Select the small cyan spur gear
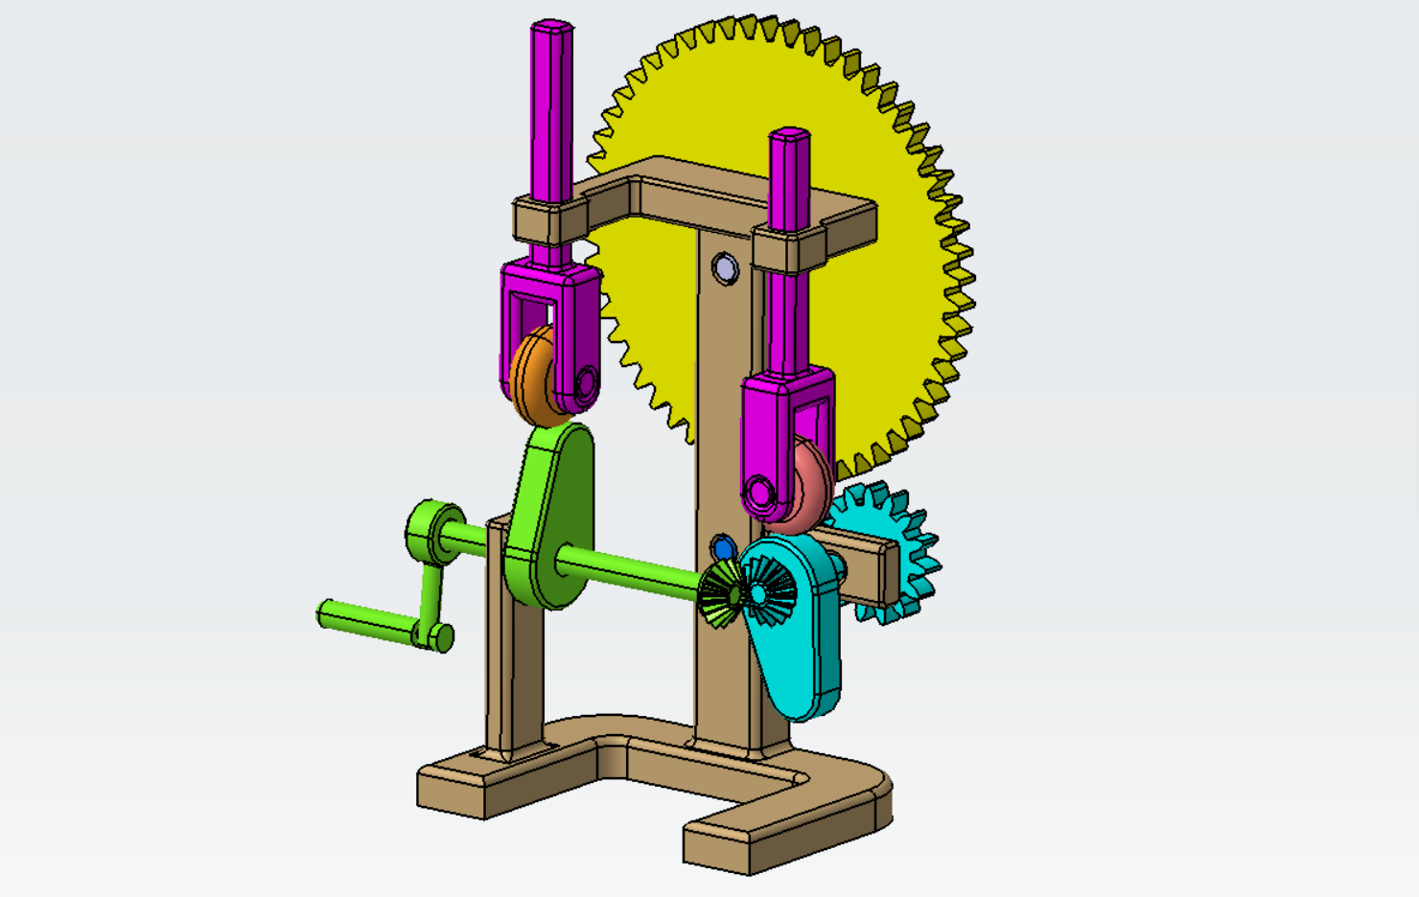911,556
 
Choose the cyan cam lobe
801,652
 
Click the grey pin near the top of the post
725,268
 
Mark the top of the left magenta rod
551,27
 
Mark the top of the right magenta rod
790,135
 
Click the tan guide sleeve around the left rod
548,220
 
